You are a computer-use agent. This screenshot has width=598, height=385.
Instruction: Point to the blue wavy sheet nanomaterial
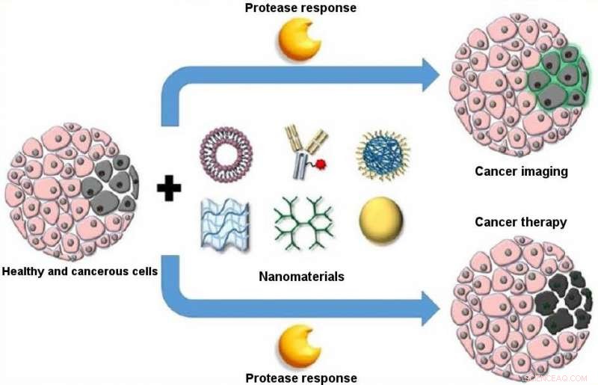(x=226, y=224)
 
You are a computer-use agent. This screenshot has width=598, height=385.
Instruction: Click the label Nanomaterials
(x=301, y=277)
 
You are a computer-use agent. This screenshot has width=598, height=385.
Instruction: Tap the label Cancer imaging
(x=521, y=172)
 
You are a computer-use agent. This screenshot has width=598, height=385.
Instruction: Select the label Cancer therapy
(x=521, y=222)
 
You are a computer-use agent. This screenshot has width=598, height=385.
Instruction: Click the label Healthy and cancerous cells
(x=80, y=271)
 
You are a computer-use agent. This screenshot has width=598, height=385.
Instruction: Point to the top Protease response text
(x=300, y=8)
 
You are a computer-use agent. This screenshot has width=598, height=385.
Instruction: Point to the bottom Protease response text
(x=300, y=378)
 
